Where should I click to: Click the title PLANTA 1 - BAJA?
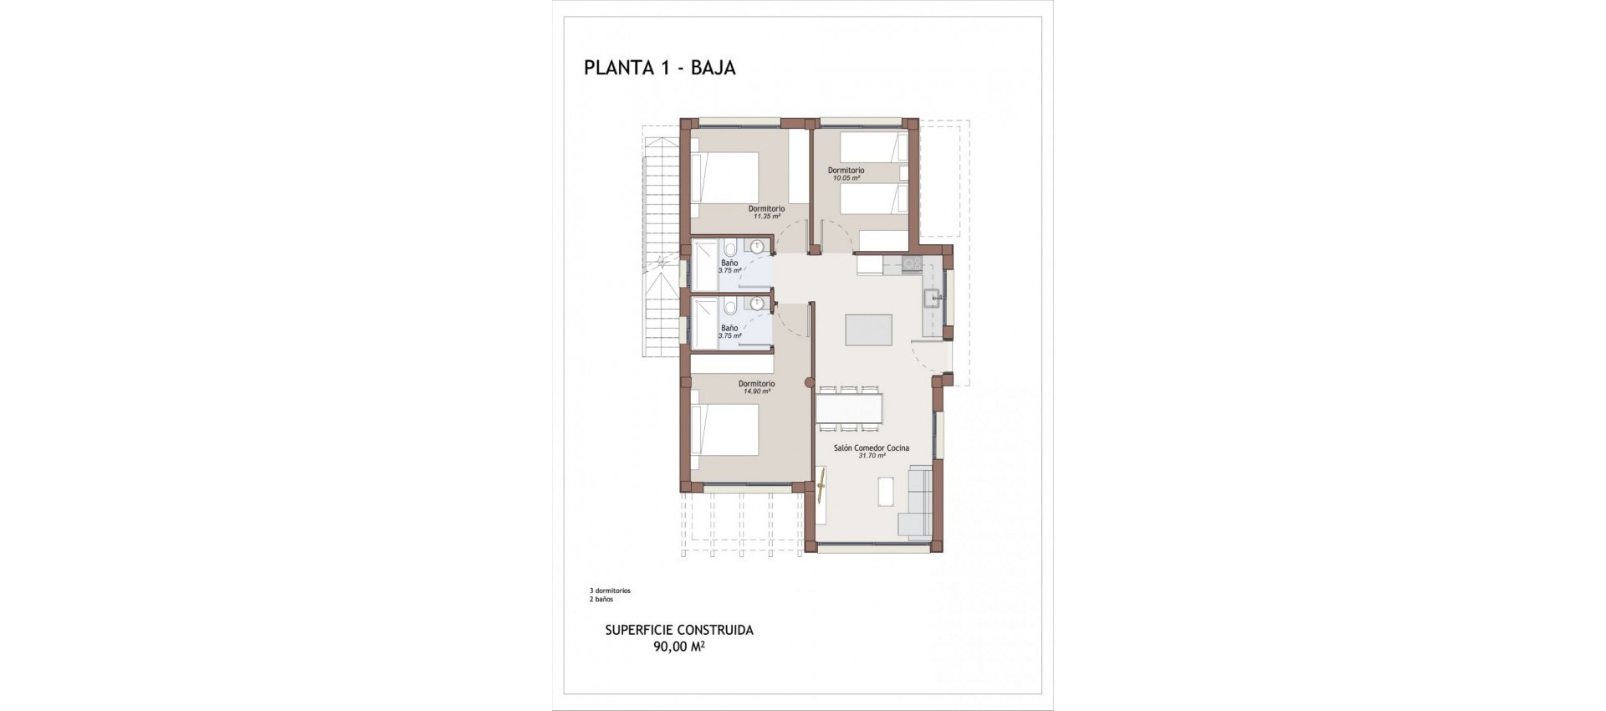[659, 68]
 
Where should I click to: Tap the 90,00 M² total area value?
[678, 646]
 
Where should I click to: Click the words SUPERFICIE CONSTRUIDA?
[678, 630]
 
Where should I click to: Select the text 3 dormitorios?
[610, 591]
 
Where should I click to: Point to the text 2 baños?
[601, 600]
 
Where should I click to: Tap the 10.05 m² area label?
[846, 178]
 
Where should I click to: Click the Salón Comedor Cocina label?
[871, 448]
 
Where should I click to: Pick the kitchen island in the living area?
[868, 330]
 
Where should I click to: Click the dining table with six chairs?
[848, 408]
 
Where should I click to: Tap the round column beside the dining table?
[808, 383]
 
